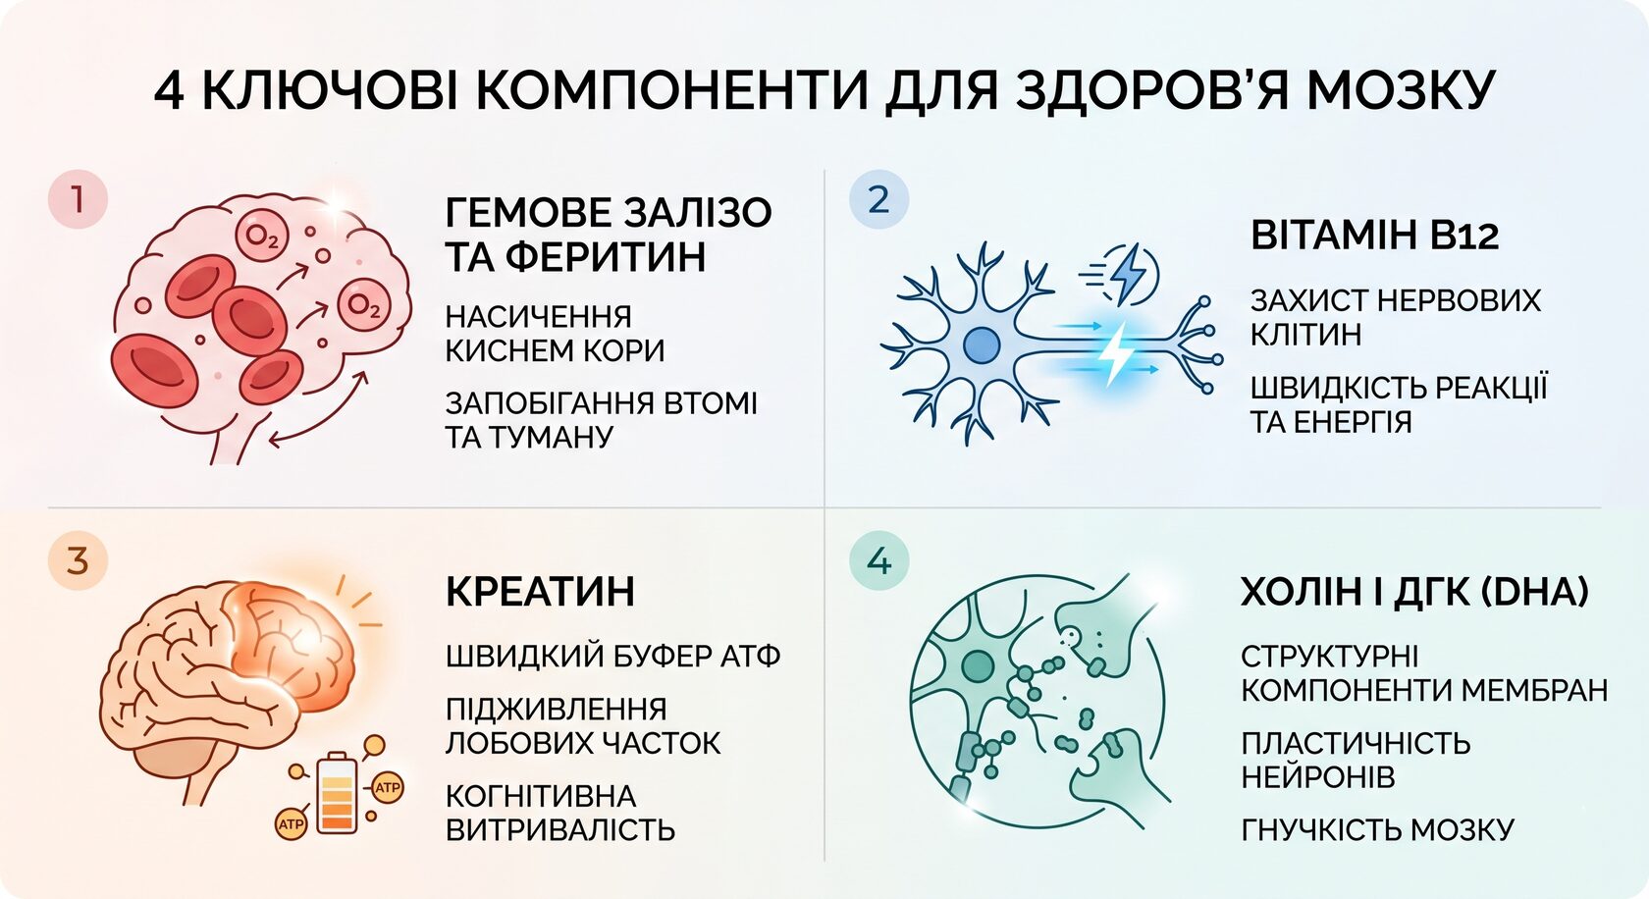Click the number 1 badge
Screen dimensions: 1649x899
79,199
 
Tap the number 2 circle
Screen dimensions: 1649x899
879,199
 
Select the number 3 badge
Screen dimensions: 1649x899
79,560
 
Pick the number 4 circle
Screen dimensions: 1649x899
879,560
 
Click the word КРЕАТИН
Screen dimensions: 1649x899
540,592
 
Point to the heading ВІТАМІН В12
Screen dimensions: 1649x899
1375,235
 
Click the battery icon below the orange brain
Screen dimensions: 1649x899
338,792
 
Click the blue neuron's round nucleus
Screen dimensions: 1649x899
982,344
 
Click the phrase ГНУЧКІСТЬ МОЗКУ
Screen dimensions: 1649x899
1377,829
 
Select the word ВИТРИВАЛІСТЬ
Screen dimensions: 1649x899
561,829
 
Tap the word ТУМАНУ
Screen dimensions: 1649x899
565,437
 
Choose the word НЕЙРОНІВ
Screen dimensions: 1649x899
1317,776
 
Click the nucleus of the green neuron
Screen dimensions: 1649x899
978,666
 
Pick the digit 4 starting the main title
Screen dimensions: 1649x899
169,91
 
